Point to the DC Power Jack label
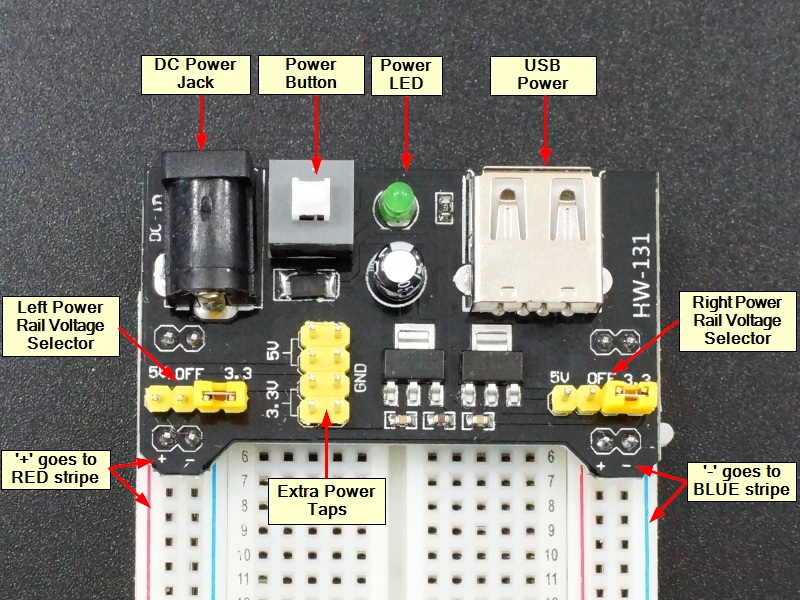(196, 73)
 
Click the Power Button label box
(311, 73)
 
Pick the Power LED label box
(404, 73)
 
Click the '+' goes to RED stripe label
(56, 468)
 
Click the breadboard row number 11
(244, 578)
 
